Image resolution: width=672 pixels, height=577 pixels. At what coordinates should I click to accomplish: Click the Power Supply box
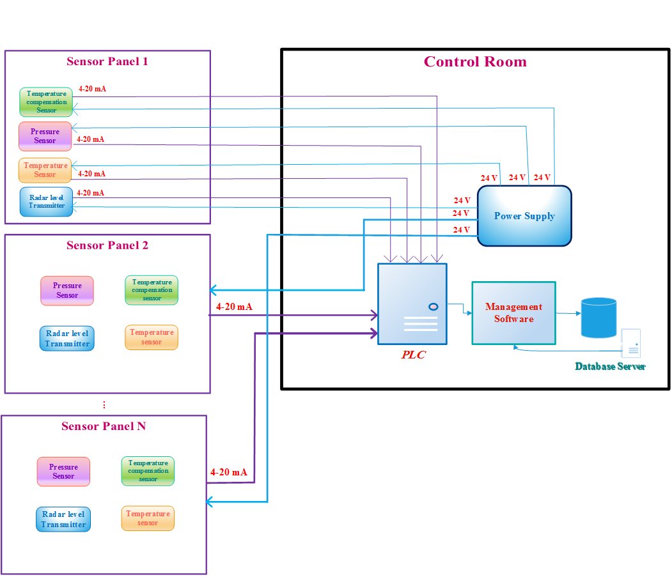[x=524, y=215]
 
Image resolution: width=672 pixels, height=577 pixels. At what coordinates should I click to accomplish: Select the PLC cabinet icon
[x=412, y=305]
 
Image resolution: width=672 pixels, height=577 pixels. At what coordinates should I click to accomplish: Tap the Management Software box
[x=513, y=313]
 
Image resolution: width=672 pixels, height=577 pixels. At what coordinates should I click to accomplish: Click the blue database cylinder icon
[x=598, y=318]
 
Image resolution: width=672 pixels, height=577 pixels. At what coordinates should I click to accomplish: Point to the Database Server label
[x=610, y=367]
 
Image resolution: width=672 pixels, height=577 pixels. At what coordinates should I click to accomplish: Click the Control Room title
[x=475, y=62]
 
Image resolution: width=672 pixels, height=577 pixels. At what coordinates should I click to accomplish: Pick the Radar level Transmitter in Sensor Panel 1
[x=46, y=201]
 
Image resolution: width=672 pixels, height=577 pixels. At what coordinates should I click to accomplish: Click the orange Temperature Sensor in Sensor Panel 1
[x=45, y=169]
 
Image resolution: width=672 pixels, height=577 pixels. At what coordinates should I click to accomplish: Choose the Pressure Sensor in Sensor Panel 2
[x=67, y=291]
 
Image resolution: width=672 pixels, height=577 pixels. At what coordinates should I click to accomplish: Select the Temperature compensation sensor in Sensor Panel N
[x=148, y=471]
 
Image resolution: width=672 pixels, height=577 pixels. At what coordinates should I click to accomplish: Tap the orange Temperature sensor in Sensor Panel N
[x=148, y=518]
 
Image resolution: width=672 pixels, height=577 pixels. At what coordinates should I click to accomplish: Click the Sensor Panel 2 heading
[x=107, y=245]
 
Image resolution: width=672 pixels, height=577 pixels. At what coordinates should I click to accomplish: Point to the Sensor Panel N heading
[x=104, y=426]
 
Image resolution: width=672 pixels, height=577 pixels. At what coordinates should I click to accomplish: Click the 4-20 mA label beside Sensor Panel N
[x=228, y=472]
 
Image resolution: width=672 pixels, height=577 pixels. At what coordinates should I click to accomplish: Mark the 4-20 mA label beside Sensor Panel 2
[x=234, y=307]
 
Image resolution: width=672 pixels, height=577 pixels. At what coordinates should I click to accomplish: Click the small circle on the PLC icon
[x=433, y=307]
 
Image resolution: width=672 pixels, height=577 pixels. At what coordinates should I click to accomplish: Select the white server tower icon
[x=632, y=343]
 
